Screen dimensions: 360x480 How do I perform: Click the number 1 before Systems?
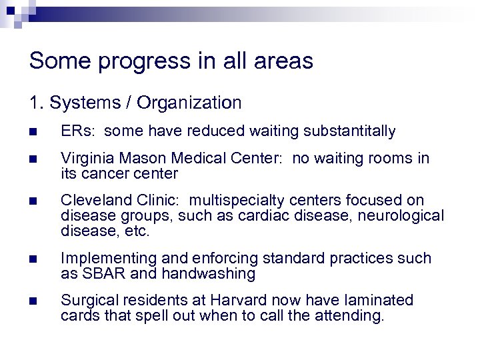pyautogui.click(x=34, y=103)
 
